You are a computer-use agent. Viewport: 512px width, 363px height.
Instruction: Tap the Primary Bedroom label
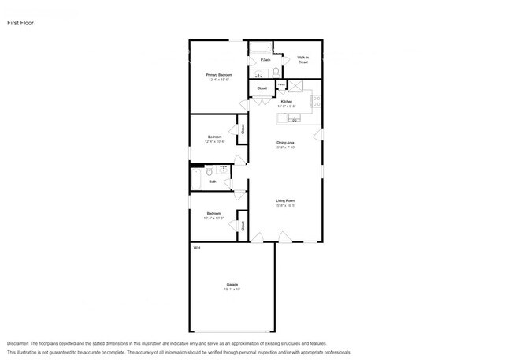tap(220, 77)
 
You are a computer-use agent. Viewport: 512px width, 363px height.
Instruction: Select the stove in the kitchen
tap(317, 100)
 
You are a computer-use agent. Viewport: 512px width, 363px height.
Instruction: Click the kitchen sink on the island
tap(294, 118)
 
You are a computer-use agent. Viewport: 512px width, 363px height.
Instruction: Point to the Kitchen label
tap(288, 103)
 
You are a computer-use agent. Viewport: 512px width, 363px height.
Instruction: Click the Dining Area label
tap(285, 144)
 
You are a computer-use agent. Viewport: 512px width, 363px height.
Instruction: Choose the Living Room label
tap(285, 203)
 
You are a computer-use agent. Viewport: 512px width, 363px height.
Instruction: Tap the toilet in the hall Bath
tap(207, 170)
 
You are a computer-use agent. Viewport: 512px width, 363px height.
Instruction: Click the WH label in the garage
tap(197, 248)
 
